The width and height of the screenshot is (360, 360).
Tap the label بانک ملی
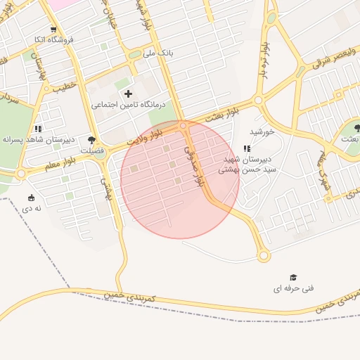click(x=158, y=53)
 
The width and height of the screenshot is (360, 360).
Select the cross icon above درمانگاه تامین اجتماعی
click(x=127, y=93)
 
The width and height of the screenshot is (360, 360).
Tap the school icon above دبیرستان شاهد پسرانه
click(x=37, y=129)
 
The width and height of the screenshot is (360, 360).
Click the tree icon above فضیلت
click(x=91, y=139)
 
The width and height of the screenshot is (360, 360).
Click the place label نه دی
click(x=31, y=208)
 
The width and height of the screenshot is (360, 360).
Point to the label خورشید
click(x=261, y=131)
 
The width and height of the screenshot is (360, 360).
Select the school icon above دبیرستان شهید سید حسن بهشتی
click(x=246, y=148)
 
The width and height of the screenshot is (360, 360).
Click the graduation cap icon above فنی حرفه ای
click(x=293, y=277)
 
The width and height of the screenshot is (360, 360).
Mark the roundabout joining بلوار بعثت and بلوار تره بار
click(x=259, y=101)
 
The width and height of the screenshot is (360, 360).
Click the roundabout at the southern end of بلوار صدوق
click(x=264, y=256)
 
